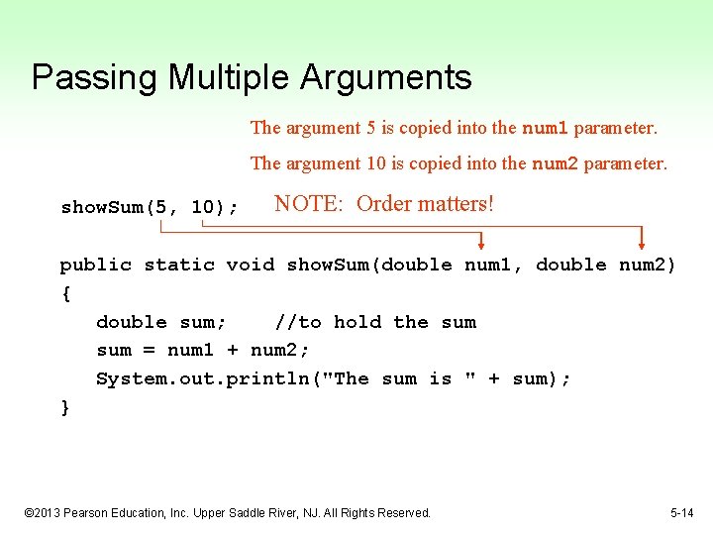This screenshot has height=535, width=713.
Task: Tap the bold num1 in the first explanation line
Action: [545, 128]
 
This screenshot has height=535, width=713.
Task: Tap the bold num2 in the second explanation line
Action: [556, 163]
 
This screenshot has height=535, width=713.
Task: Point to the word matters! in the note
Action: [454, 204]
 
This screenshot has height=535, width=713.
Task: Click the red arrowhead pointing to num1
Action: [482, 242]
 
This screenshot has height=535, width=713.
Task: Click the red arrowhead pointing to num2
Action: [642, 240]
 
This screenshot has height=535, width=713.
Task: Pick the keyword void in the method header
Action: [251, 265]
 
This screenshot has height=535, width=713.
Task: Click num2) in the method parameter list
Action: [648, 265]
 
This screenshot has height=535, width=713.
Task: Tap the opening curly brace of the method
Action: [65, 293]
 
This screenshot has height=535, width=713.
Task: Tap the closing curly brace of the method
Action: [65, 407]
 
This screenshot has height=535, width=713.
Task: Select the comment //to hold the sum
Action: [375, 322]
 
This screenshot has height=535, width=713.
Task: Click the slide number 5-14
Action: [681, 512]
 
